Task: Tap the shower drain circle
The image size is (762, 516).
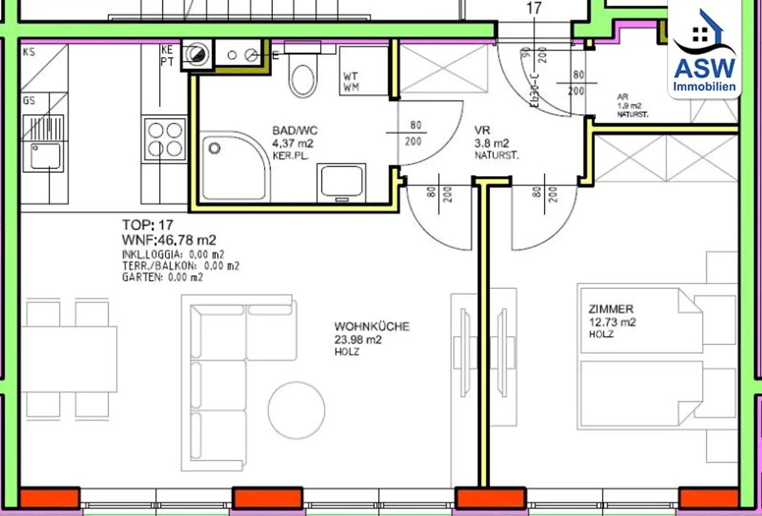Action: point(214,148)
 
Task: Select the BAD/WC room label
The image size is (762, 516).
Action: point(295,131)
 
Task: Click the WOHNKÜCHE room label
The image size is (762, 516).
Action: point(372,327)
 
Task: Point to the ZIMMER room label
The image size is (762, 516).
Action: point(611,309)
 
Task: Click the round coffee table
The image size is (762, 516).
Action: point(296,410)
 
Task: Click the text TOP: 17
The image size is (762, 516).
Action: point(147,225)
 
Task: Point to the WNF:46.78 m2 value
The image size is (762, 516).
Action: point(169,240)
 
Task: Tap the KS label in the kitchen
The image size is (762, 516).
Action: point(29,52)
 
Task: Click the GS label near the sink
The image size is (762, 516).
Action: point(29,101)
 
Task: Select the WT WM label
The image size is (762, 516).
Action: point(350,82)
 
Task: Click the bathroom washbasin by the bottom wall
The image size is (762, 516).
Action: point(341,181)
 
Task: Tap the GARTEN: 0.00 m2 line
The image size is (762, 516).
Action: point(162,277)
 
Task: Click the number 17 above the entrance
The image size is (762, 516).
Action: point(534,8)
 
